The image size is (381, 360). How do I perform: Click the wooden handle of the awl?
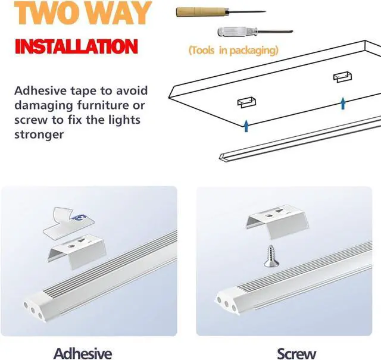click(190, 11)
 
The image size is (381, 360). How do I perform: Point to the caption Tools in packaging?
click(233, 51)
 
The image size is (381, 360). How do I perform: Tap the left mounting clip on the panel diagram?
click(243, 104)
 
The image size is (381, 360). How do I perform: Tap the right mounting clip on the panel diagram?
click(342, 77)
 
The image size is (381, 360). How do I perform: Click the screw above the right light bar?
click(271, 256)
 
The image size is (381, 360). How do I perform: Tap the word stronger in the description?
click(39, 133)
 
